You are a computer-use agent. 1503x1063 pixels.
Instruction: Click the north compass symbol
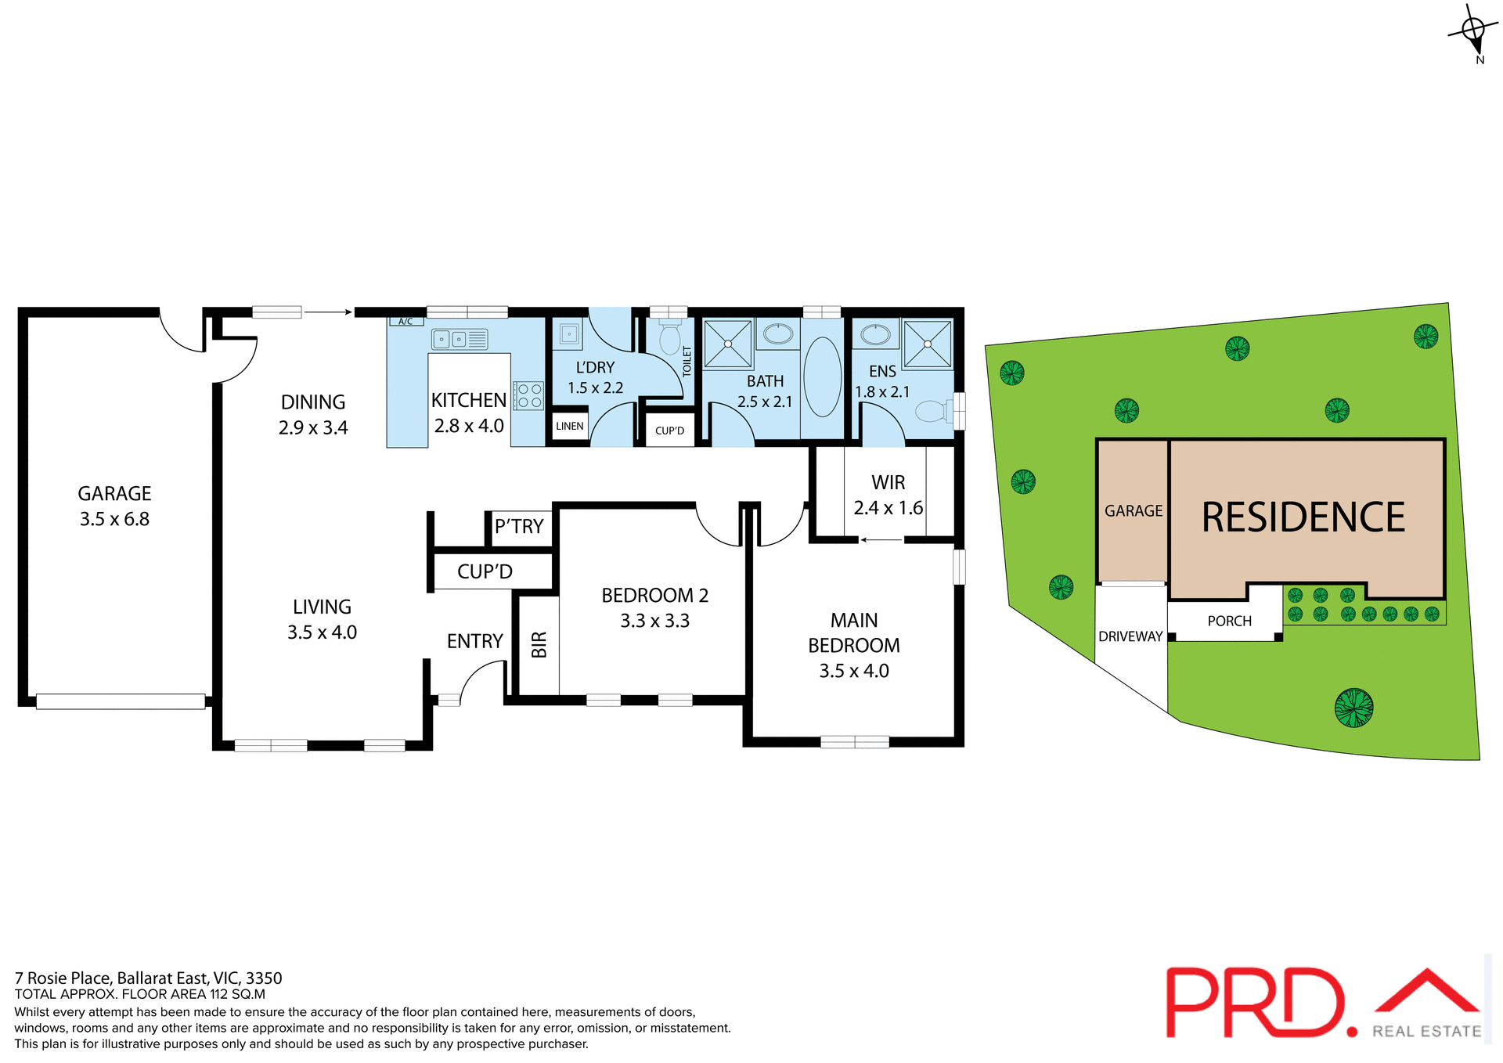click(x=1472, y=31)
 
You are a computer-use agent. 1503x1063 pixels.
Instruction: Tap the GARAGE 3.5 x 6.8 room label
click(x=114, y=506)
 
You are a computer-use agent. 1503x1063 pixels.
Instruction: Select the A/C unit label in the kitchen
click(x=405, y=321)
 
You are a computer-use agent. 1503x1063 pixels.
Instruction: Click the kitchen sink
click(x=459, y=339)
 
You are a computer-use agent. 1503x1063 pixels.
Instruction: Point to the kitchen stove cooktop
click(x=529, y=395)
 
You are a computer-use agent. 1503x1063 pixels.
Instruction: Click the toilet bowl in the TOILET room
click(x=669, y=339)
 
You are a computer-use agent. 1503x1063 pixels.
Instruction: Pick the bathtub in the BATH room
click(x=822, y=377)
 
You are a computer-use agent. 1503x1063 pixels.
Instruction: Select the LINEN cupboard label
click(x=569, y=426)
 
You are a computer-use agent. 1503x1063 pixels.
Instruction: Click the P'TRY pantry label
click(x=519, y=526)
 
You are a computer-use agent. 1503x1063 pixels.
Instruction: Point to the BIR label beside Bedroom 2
click(x=539, y=644)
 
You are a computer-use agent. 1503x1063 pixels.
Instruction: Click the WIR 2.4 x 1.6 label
click(x=888, y=495)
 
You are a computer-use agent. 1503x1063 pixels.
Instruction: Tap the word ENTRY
click(x=474, y=641)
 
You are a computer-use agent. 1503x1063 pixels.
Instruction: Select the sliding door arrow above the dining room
click(x=328, y=312)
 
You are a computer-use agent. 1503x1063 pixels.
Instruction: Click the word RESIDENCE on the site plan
click(x=1303, y=517)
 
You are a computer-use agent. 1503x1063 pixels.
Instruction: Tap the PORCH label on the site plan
click(x=1229, y=621)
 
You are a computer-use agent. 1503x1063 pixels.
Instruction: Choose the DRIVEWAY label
click(x=1130, y=636)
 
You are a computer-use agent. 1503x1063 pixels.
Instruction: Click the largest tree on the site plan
click(x=1353, y=708)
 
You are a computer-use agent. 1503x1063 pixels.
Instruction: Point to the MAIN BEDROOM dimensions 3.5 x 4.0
click(x=853, y=671)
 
